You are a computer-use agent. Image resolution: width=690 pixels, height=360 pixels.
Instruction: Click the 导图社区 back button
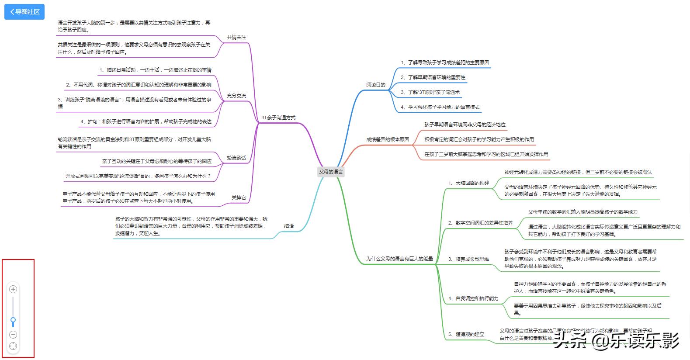tap(24, 12)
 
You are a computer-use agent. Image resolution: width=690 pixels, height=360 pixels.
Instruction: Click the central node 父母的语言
tap(331, 172)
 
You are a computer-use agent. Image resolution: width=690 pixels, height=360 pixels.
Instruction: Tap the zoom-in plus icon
tap(13, 289)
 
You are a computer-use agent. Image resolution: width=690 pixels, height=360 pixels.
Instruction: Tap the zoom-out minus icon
tap(13, 335)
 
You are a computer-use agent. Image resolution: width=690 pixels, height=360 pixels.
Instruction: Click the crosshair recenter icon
tap(13, 346)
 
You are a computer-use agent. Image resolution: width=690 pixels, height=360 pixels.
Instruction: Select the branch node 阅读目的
tap(375, 85)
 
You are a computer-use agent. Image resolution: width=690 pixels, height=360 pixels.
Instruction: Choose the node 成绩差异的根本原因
tap(387, 139)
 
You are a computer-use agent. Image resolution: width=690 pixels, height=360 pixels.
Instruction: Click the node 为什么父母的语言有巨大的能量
tap(399, 259)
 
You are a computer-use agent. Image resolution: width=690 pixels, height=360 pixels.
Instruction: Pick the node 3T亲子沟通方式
tap(278, 118)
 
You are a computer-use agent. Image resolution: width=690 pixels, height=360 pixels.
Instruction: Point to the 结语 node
tap(289, 226)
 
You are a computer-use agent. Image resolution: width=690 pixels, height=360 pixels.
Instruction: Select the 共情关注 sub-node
tap(236, 38)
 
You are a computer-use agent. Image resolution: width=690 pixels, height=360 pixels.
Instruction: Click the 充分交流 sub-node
tap(236, 96)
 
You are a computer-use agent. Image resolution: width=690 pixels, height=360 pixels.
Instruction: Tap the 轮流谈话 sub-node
tap(236, 158)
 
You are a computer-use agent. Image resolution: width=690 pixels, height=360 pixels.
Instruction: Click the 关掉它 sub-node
tap(239, 198)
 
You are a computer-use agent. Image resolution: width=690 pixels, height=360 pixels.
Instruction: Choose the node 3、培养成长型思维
tap(468, 259)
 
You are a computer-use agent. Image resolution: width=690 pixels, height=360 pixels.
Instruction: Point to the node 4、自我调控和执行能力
tap(473, 298)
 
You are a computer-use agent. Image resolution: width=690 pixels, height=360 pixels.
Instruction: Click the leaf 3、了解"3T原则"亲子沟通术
tap(430, 93)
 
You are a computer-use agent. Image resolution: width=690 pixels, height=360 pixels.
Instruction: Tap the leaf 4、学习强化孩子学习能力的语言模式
tap(440, 107)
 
